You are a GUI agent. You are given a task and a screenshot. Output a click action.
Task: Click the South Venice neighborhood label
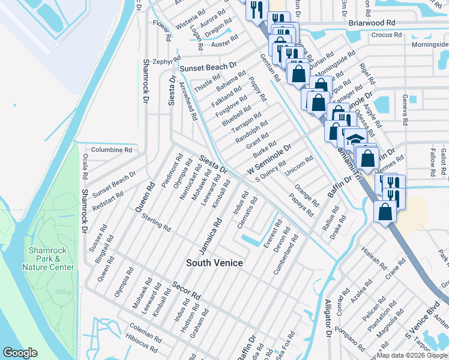pos(214,263)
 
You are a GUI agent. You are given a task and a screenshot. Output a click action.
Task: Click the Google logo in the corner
pos(20,353)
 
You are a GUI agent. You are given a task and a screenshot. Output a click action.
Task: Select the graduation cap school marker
pos(356,139)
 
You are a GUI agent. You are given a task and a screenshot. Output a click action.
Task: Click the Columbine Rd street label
pos(111,150)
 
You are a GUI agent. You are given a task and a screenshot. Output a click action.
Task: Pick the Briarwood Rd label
pos(372,22)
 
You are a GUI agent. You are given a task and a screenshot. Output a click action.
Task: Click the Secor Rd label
pos(186,291)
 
